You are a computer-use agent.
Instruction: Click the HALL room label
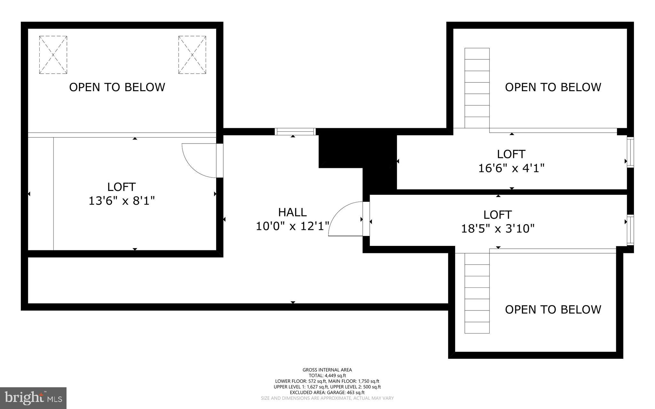[292, 212]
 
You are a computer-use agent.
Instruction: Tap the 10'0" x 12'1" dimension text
[292, 226]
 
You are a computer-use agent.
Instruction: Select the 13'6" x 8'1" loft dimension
[122, 201]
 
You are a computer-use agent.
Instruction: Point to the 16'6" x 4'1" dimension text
[511, 168]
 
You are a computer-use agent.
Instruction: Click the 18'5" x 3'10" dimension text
[498, 229]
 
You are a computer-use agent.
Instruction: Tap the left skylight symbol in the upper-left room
[53, 55]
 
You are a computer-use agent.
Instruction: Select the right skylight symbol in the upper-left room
[192, 55]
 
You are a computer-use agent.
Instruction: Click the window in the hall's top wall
[295, 131]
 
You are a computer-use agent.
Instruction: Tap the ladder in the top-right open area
[477, 88]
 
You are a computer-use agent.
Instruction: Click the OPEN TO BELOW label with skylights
[117, 87]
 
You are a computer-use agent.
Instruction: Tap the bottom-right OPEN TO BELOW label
[553, 310]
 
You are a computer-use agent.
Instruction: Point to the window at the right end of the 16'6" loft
[630, 152]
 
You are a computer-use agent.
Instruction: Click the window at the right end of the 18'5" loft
[630, 230]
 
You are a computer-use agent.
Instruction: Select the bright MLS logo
[33, 398]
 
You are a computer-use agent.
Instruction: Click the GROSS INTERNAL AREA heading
[327, 370]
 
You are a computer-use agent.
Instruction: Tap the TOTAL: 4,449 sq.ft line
[327, 376]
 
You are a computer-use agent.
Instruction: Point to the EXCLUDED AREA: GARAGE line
[327, 392]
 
